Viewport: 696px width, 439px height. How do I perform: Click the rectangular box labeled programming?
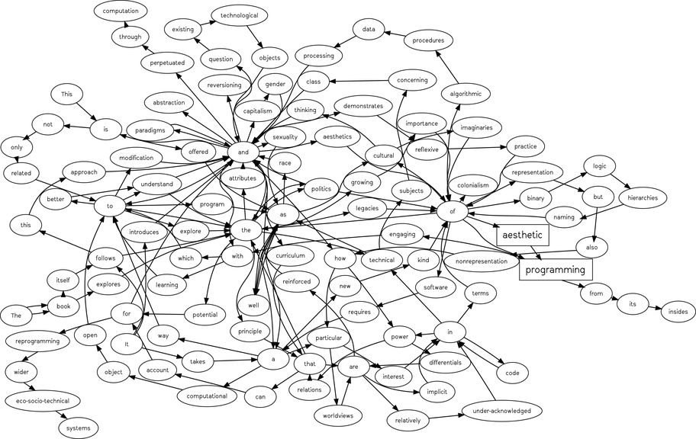point(556,270)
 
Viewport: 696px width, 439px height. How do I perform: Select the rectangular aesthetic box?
point(523,236)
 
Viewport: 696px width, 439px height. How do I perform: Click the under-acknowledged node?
point(501,411)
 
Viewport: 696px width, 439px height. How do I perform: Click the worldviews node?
point(340,416)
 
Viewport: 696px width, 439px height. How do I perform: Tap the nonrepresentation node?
point(481,261)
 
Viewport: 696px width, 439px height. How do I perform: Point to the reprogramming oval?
point(43,342)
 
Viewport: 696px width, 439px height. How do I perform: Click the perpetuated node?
point(167,63)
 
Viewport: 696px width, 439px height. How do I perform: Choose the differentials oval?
point(445,363)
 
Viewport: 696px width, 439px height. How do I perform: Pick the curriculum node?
point(290,255)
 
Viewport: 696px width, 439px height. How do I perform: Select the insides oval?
point(678,311)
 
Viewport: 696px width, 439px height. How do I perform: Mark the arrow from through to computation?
point(125,24)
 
